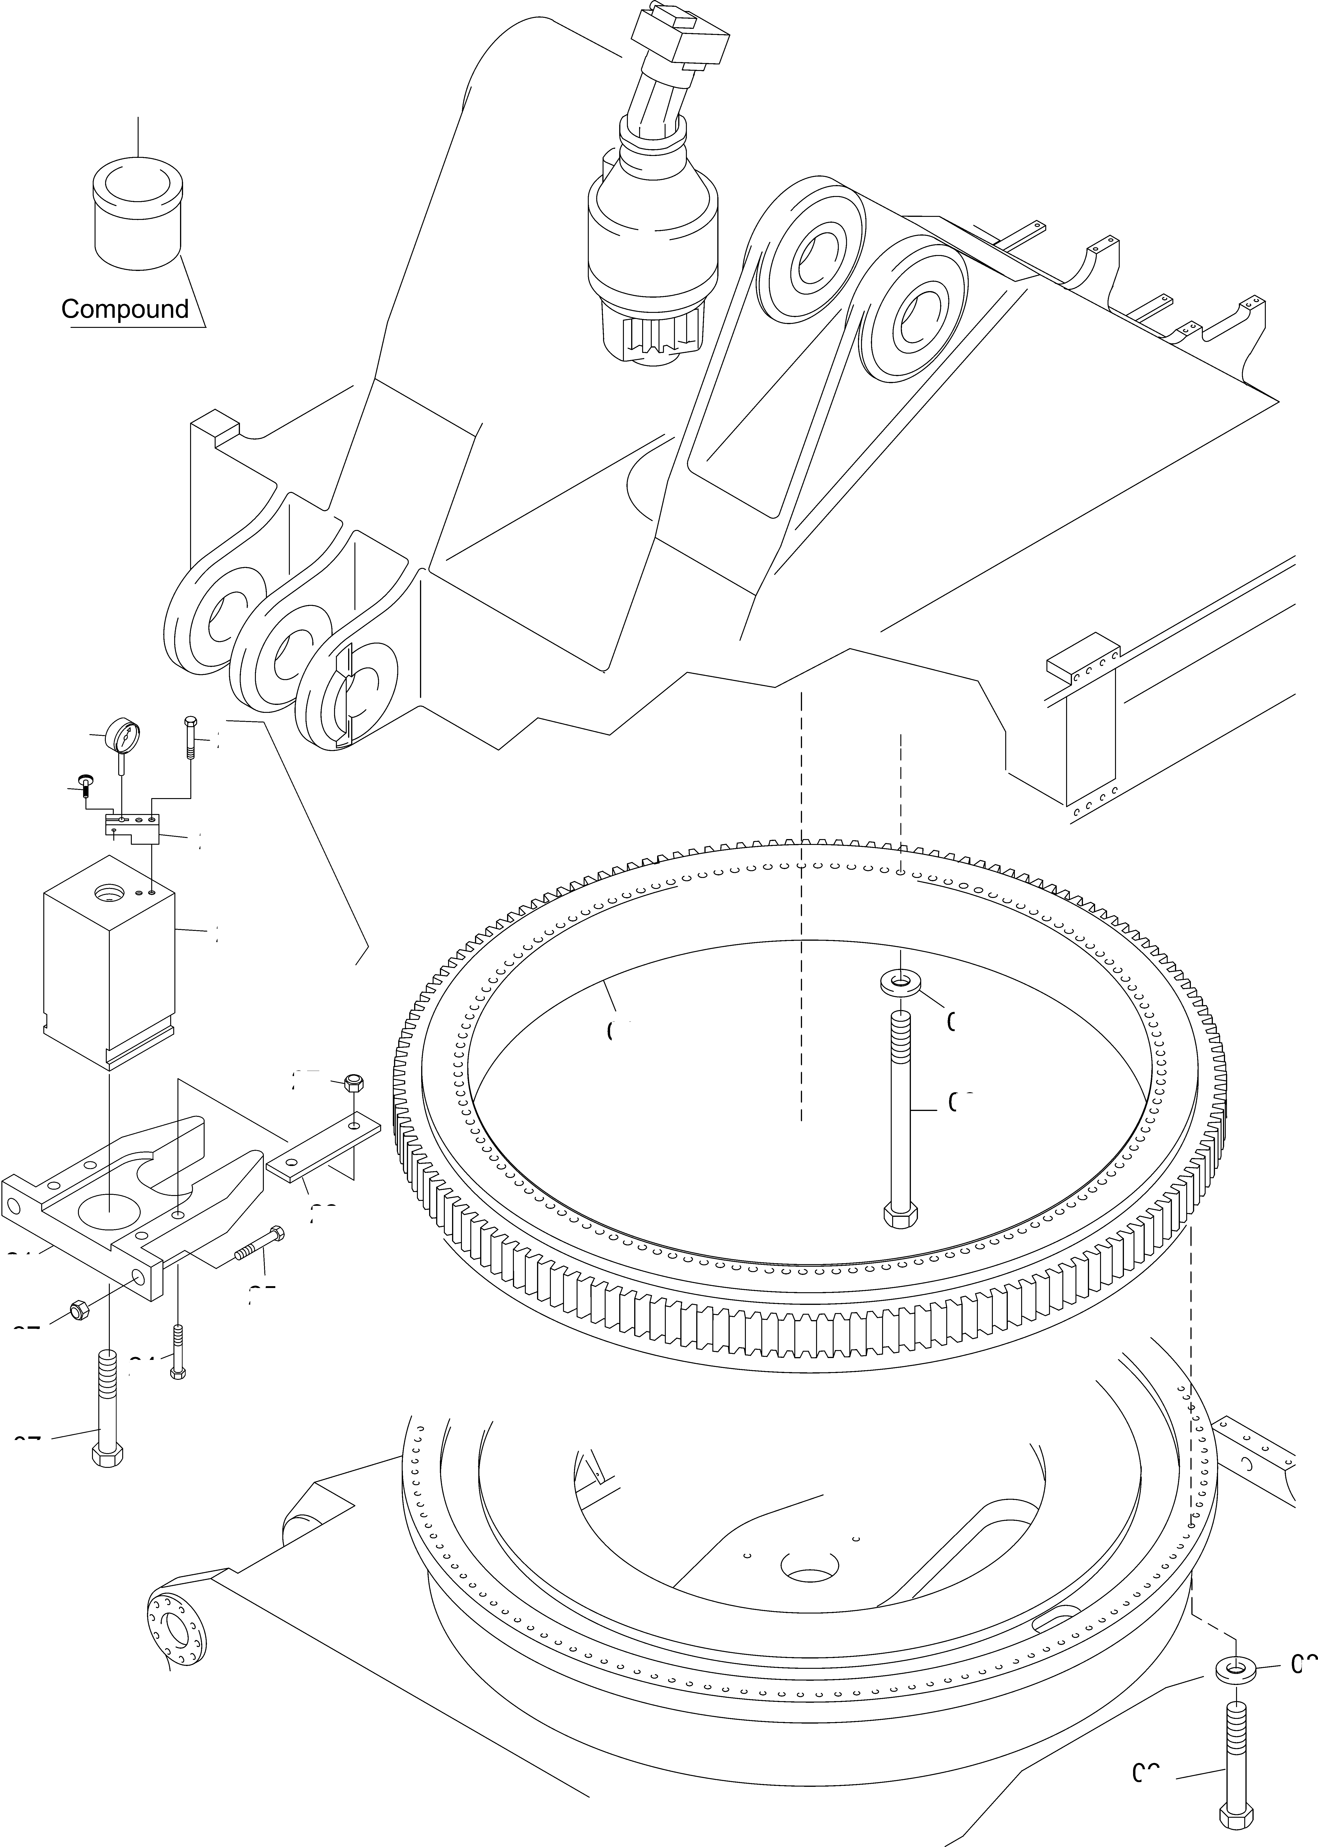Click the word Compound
pyautogui.click(x=125, y=309)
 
